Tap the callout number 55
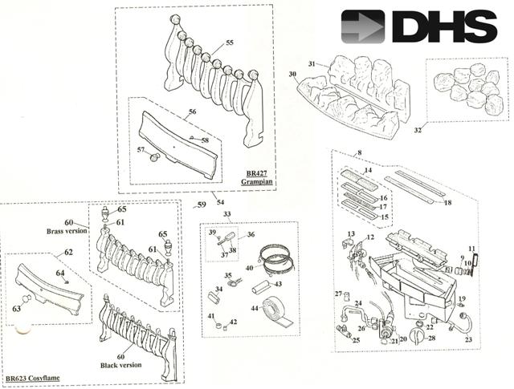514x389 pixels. coord(230,43)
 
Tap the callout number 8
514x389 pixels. coord(359,152)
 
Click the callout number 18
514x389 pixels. coord(447,203)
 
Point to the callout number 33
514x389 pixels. coord(227,214)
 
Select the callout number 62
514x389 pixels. coord(69,252)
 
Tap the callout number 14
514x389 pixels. coord(369,171)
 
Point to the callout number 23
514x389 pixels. coord(467,340)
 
